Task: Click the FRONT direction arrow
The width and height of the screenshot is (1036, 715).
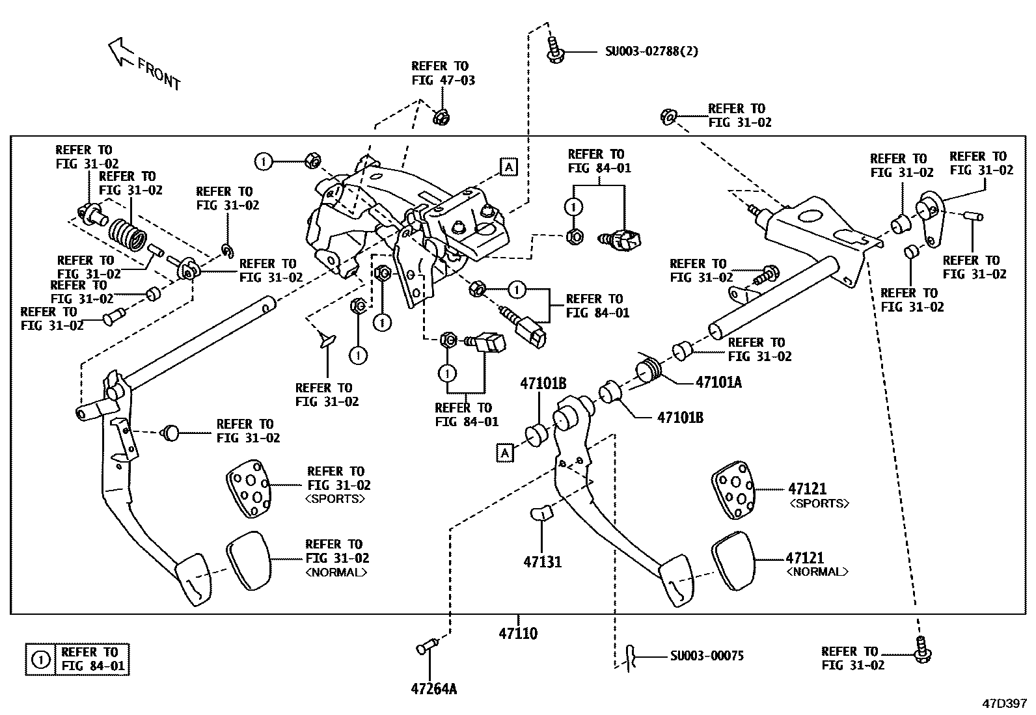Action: click(121, 51)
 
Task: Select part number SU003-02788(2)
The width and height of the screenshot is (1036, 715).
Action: click(651, 51)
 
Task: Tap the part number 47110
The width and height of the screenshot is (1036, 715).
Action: click(518, 633)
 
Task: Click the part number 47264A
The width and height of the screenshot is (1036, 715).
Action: click(433, 688)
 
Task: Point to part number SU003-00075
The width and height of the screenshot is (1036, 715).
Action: click(707, 656)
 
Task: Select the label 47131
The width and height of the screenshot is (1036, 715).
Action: click(542, 561)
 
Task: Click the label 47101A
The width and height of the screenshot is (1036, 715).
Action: click(718, 382)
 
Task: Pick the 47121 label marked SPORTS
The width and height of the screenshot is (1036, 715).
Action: click(807, 488)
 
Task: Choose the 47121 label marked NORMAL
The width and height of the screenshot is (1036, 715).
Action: click(806, 558)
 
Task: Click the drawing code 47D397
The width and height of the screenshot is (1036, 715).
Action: click(1004, 703)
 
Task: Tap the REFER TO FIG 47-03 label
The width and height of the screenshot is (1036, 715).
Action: click(443, 74)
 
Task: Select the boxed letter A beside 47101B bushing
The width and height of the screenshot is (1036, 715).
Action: click(505, 452)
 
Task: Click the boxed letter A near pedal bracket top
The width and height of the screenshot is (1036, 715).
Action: click(508, 167)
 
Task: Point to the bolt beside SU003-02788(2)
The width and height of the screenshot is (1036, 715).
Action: click(553, 51)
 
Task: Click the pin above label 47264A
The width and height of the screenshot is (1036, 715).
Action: click(426, 647)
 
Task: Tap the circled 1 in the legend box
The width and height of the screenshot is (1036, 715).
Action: click(41, 660)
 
